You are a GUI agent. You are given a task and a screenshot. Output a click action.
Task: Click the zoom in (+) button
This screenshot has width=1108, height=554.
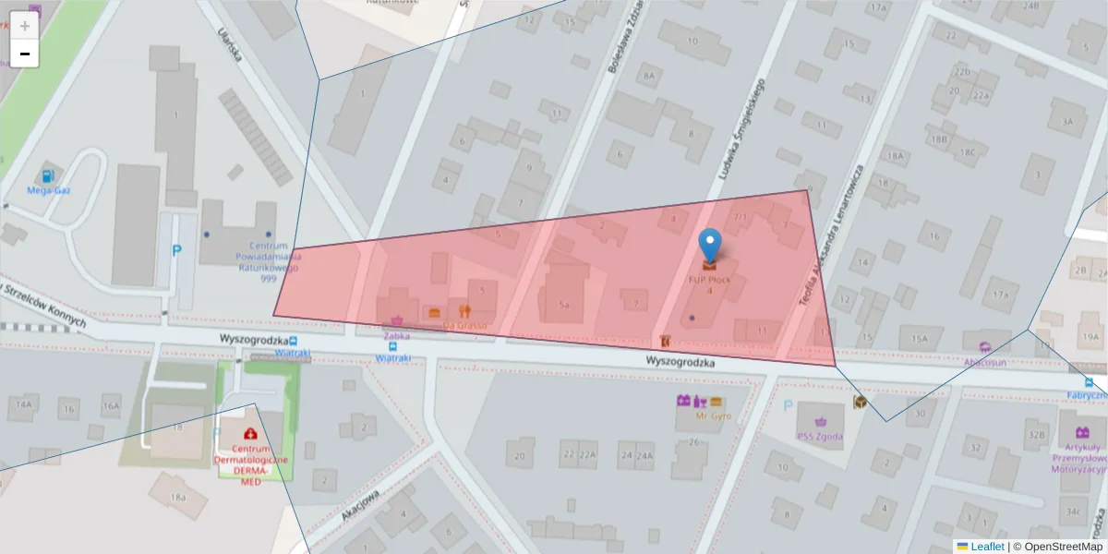(x=24, y=26)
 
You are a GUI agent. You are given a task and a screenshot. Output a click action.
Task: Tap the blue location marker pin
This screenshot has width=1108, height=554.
(x=709, y=245)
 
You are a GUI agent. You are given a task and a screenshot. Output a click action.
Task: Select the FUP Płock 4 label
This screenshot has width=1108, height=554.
(x=709, y=284)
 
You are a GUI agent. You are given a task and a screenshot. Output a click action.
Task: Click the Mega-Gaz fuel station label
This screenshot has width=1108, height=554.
(x=49, y=191)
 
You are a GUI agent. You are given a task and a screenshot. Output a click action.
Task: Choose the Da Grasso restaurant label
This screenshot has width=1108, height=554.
(x=464, y=325)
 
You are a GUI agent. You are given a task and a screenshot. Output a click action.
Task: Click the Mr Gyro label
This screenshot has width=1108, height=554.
(x=713, y=415)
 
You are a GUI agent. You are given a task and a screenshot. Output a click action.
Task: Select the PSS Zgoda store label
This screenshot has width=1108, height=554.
(x=820, y=437)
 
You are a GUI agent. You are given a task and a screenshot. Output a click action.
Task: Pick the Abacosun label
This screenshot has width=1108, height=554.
(x=985, y=362)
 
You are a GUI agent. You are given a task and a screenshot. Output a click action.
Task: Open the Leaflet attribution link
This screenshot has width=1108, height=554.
(x=987, y=547)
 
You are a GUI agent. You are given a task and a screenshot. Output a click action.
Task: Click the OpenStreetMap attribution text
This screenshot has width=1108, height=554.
(x=1062, y=547)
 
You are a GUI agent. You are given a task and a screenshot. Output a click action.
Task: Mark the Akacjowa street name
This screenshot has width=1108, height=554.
(x=360, y=505)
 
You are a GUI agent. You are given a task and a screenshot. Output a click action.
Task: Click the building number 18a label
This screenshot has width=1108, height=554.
(x=177, y=498)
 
